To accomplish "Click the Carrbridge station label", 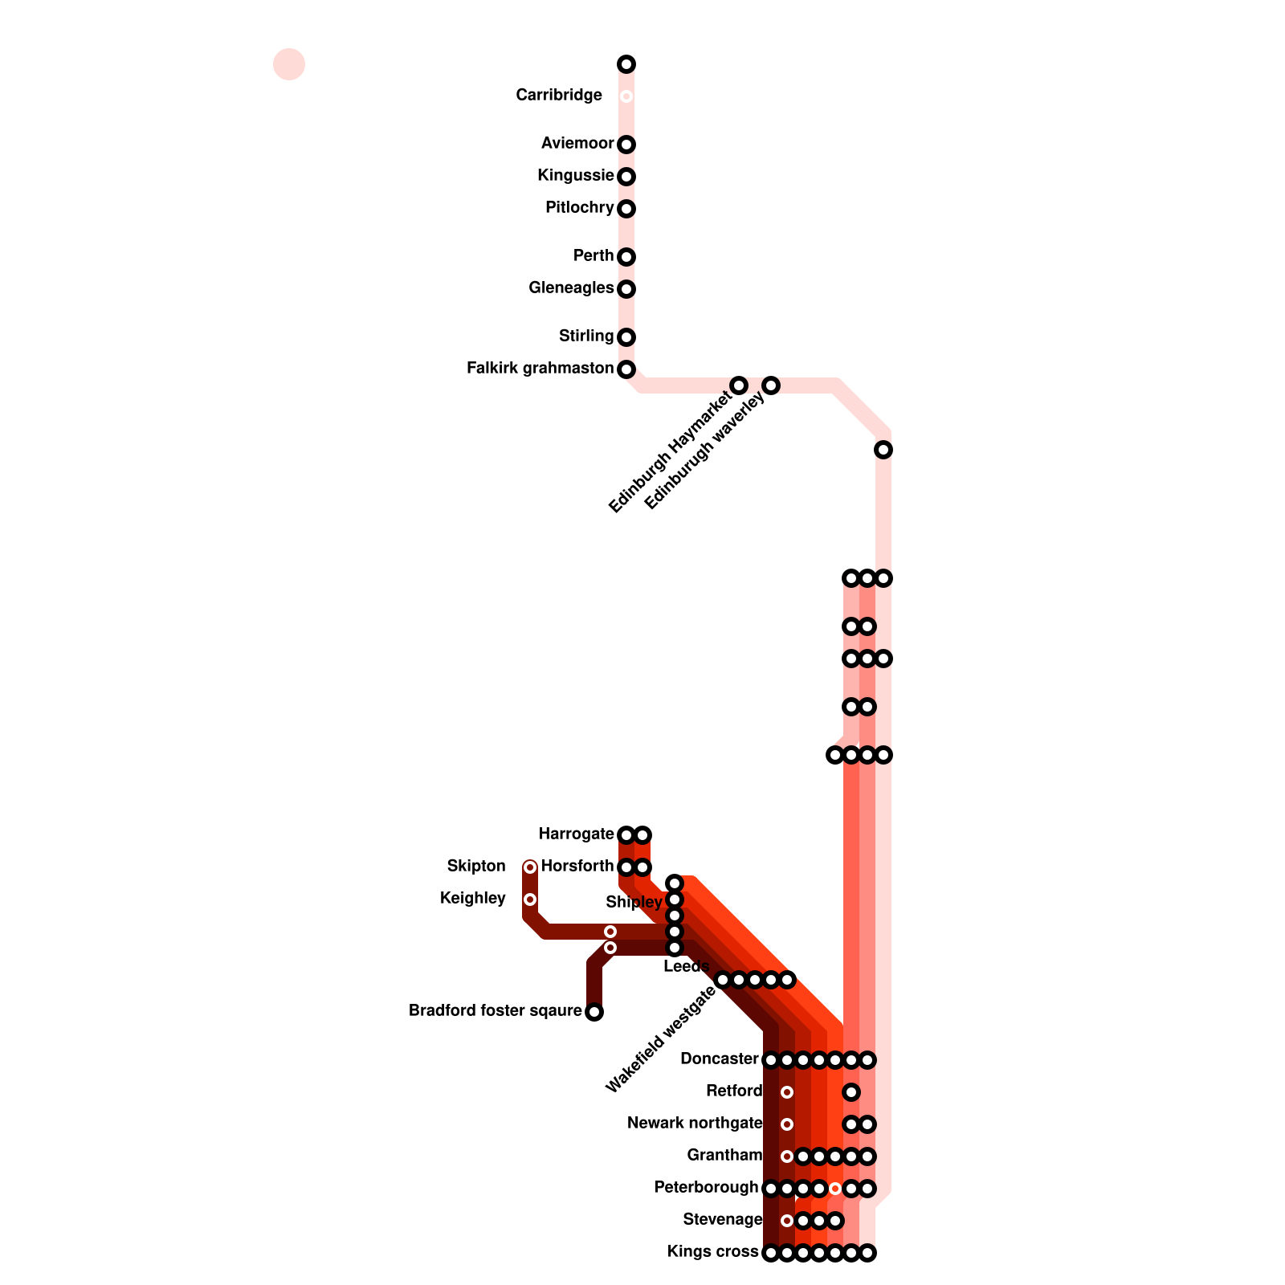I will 559,96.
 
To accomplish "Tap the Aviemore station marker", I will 626,145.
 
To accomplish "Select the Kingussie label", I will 575,176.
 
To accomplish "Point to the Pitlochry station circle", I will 626,209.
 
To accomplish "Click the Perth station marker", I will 626,257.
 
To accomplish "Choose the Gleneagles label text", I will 571,288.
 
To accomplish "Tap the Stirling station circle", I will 626,337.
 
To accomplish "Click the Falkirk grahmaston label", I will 540,369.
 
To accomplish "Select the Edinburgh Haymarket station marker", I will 739,385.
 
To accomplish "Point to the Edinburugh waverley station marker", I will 771,385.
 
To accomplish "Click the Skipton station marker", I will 530,867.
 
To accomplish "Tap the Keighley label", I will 473,899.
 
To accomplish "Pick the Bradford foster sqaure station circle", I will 594,1012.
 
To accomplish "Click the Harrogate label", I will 576,834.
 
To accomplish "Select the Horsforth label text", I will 577,867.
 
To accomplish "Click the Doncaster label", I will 719,1059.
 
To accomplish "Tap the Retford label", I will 734,1091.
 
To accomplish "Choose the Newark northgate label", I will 695,1124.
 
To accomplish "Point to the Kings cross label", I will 712,1252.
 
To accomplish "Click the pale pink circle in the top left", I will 289,64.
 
